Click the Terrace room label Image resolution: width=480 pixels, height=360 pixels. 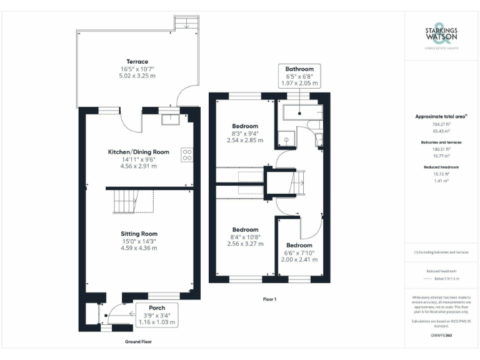[x=136, y=61]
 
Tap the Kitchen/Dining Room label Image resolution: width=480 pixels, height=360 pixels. [x=139, y=151]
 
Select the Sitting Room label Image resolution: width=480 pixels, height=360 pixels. [x=139, y=233]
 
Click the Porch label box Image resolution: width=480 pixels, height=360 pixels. [x=156, y=314]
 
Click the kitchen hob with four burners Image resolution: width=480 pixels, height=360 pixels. [x=186, y=154]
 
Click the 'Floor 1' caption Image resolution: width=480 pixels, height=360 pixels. [x=269, y=299]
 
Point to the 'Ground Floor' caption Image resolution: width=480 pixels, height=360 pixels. [x=138, y=341]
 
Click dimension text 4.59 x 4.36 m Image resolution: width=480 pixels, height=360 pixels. [x=139, y=248]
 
